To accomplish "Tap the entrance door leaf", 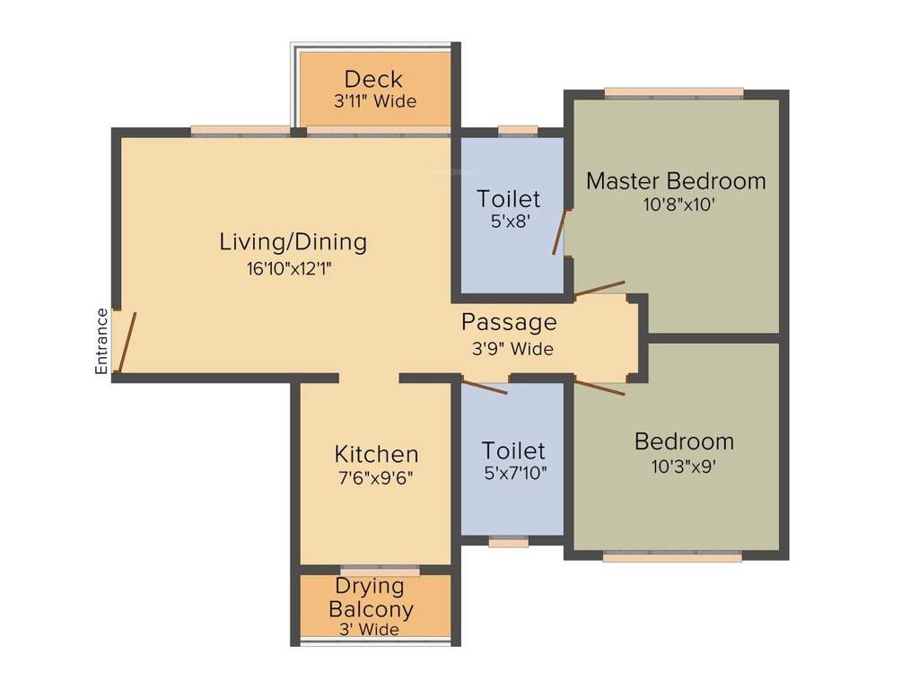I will tap(128, 342).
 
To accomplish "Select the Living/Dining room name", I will tap(293, 241).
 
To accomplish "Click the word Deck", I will tap(373, 79).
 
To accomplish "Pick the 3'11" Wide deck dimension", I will tap(375, 101).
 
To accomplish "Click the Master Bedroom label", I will tap(676, 180).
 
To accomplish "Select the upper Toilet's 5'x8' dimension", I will tap(509, 221).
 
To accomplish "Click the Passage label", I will tap(509, 321).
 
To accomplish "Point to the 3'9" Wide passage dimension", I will tap(512, 349).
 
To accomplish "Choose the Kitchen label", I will tap(376, 453).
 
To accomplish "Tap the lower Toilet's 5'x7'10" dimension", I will tap(513, 473).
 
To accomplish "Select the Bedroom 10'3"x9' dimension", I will tap(684, 466).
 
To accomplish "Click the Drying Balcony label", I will tap(371, 597).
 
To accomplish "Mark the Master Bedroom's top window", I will tap(674, 92).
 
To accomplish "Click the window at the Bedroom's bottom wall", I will tap(672, 556).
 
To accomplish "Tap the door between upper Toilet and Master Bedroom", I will tap(561, 232).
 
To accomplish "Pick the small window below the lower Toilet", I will tap(509, 542).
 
